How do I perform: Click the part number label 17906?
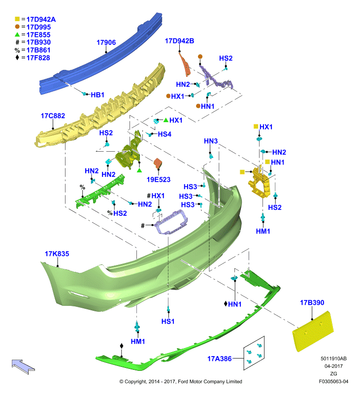point(106,42)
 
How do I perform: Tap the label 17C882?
point(53,116)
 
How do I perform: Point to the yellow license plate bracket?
point(313,331)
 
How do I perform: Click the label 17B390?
point(312,302)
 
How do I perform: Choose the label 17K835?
point(57,254)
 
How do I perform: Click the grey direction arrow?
point(23,366)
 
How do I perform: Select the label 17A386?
point(219,359)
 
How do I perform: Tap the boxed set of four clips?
point(254,353)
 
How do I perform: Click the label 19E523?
point(159,180)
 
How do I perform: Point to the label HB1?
point(98,95)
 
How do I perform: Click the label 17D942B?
point(179,41)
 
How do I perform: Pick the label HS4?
point(164,134)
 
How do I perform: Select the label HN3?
point(211,141)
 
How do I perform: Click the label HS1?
point(168,322)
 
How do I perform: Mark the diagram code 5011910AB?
point(333,359)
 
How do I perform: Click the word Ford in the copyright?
point(183,382)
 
